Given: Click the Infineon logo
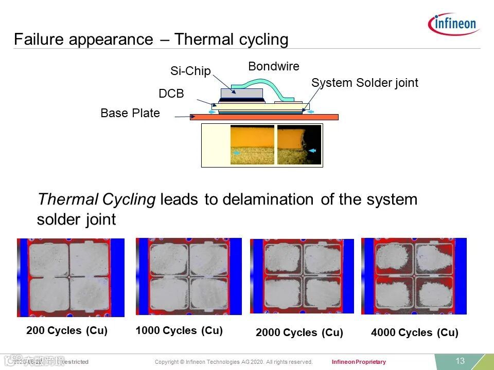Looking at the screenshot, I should (x=453, y=24).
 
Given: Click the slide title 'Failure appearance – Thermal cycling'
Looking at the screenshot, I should (x=151, y=40).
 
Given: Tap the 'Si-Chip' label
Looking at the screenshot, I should (x=190, y=71).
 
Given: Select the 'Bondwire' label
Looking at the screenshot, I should (x=273, y=66).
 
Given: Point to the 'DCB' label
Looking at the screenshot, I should (x=171, y=94).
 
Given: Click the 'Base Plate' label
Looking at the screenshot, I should (x=130, y=113).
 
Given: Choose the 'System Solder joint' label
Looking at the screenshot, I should (x=364, y=83).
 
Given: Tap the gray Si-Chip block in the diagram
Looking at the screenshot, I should (x=241, y=93).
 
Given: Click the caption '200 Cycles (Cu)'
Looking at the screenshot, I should (x=67, y=330).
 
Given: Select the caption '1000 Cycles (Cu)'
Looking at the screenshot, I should (x=179, y=330).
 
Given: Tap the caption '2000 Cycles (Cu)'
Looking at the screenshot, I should (x=299, y=332).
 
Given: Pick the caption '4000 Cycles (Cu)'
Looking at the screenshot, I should (x=414, y=332).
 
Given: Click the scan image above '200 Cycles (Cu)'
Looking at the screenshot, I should (x=70, y=277).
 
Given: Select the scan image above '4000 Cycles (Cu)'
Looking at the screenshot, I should (x=414, y=276).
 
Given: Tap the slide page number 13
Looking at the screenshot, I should (x=460, y=361).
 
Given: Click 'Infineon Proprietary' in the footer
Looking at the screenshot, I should (x=359, y=362).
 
